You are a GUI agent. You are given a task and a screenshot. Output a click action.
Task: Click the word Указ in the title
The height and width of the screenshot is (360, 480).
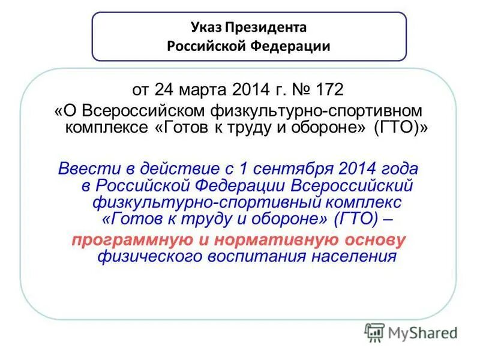(206, 28)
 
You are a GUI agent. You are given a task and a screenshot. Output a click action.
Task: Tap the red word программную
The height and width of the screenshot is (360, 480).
(129, 240)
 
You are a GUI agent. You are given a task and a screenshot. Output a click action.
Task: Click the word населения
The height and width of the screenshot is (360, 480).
(354, 256)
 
